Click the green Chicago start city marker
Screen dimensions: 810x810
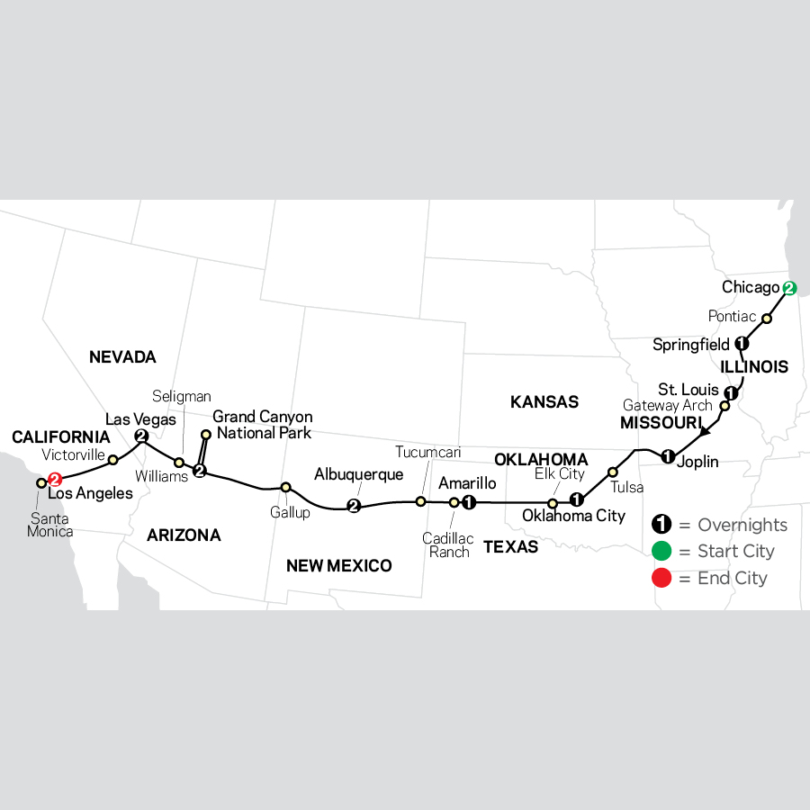click(789, 289)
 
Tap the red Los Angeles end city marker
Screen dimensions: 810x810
click(55, 480)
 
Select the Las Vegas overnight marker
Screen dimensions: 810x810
click(141, 436)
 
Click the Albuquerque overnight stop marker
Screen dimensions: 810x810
click(354, 507)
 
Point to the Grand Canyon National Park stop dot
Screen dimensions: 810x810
click(205, 435)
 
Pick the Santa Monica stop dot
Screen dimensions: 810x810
click(40, 483)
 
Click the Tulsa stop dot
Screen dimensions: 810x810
click(613, 471)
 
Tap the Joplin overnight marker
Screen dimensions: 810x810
click(668, 456)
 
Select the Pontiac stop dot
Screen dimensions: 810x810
click(767, 319)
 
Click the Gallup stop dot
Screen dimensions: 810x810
click(285, 488)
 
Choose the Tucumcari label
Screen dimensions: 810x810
click(427, 452)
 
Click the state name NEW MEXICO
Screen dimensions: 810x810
click(338, 566)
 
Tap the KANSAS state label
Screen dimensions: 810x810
click(544, 402)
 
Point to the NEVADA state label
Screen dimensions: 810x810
click(122, 357)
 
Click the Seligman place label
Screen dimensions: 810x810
click(181, 396)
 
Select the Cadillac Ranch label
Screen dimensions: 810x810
click(447, 545)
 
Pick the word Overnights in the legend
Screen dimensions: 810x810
click(742, 526)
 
